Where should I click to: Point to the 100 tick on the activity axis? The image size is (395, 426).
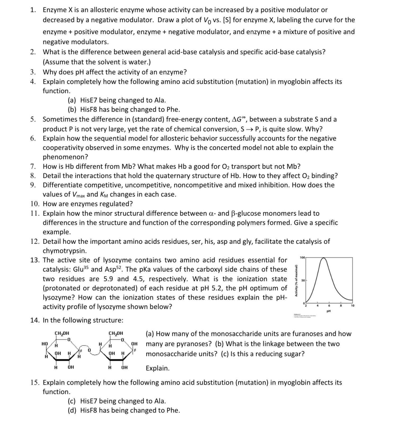(x=303, y=257)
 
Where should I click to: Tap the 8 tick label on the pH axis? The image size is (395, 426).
(x=341, y=306)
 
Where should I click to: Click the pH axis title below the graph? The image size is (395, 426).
(x=329, y=311)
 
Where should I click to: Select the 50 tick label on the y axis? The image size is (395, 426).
(x=303, y=280)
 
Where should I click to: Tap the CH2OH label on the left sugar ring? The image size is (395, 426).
(x=62, y=333)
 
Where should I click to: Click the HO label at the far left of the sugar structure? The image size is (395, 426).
(x=44, y=344)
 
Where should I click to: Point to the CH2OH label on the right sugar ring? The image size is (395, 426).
(x=116, y=333)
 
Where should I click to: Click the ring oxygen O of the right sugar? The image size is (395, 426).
(x=122, y=340)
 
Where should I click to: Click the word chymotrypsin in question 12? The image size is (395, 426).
(x=65, y=251)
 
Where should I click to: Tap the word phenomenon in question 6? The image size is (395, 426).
(x=65, y=157)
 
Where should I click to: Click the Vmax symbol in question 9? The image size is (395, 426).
(x=78, y=195)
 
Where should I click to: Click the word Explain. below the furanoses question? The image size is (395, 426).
(x=158, y=368)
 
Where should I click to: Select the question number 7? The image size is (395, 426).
(x=33, y=166)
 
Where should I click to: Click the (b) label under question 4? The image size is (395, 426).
(x=72, y=109)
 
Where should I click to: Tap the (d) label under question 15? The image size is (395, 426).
(x=72, y=410)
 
